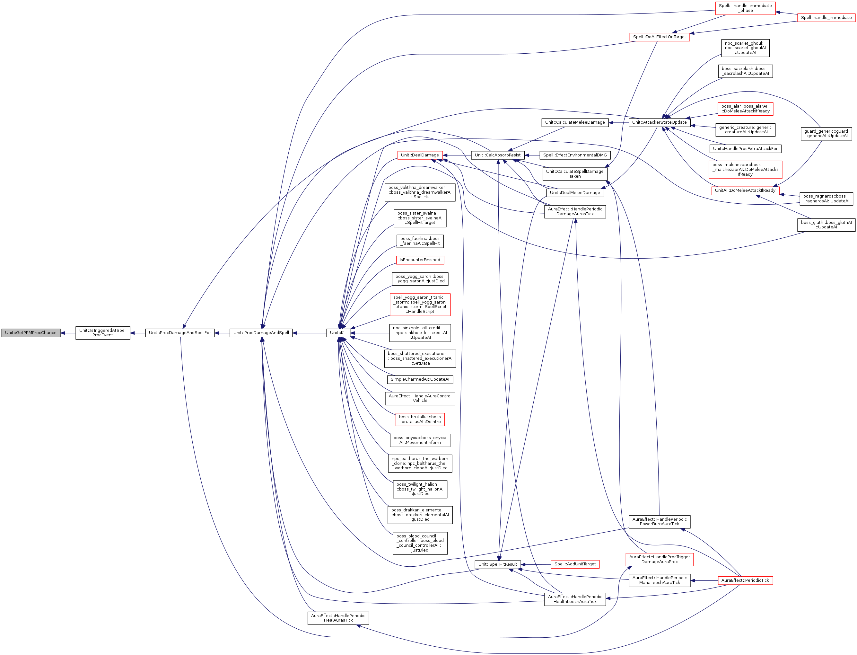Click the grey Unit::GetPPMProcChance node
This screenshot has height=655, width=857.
pyautogui.click(x=31, y=333)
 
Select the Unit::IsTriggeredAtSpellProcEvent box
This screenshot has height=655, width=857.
pyautogui.click(x=103, y=333)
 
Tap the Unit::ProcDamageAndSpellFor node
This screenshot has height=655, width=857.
pyautogui.click(x=180, y=333)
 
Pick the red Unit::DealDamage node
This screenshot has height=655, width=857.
pyautogui.click(x=420, y=155)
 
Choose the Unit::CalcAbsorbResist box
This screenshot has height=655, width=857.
pyautogui.click(x=498, y=155)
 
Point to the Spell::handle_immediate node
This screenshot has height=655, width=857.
pyautogui.click(x=826, y=18)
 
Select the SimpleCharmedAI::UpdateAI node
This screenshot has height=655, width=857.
pyautogui.click(x=420, y=379)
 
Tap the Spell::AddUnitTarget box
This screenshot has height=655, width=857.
pyautogui.click(x=575, y=564)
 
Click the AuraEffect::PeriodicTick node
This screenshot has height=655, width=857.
pyautogui.click(x=745, y=580)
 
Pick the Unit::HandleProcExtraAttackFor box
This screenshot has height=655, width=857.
pyautogui.click(x=745, y=148)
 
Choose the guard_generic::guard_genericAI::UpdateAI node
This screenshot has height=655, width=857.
pyautogui.click(x=826, y=134)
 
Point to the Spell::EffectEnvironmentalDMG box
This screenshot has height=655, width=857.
pyautogui.click(x=575, y=155)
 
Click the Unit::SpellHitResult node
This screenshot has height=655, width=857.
pyautogui.click(x=498, y=564)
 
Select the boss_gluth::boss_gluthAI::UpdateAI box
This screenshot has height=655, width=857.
pyautogui.click(x=826, y=225)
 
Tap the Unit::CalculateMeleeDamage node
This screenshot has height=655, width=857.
pyautogui.click(x=575, y=122)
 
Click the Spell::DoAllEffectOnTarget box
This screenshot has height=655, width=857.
pyautogui.click(x=660, y=37)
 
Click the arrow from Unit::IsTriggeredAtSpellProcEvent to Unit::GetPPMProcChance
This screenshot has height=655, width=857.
pyautogui.click(x=68, y=333)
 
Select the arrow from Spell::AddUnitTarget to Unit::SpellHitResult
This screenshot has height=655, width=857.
pyautogui.click(x=536, y=564)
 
